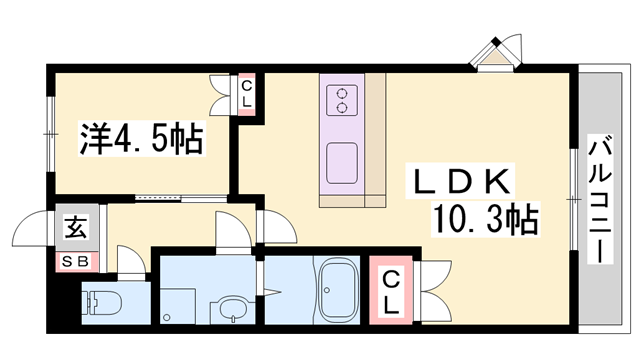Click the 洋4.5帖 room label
(x=141, y=138)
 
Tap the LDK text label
(x=464, y=183)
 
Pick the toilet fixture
(x=100, y=302)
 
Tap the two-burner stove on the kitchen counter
(x=342, y=100)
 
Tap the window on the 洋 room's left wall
(x=49, y=130)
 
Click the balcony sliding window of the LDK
(x=574, y=199)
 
